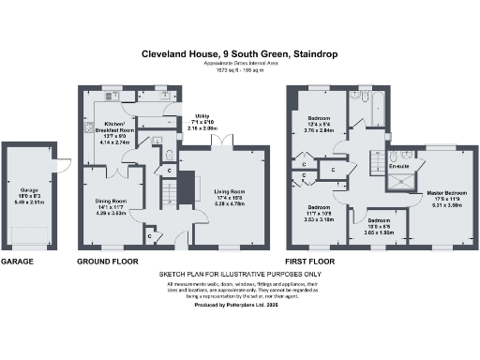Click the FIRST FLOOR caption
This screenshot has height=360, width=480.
(315, 262)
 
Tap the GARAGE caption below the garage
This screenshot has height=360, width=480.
(21, 262)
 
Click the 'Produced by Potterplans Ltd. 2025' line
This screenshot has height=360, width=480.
(239, 306)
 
